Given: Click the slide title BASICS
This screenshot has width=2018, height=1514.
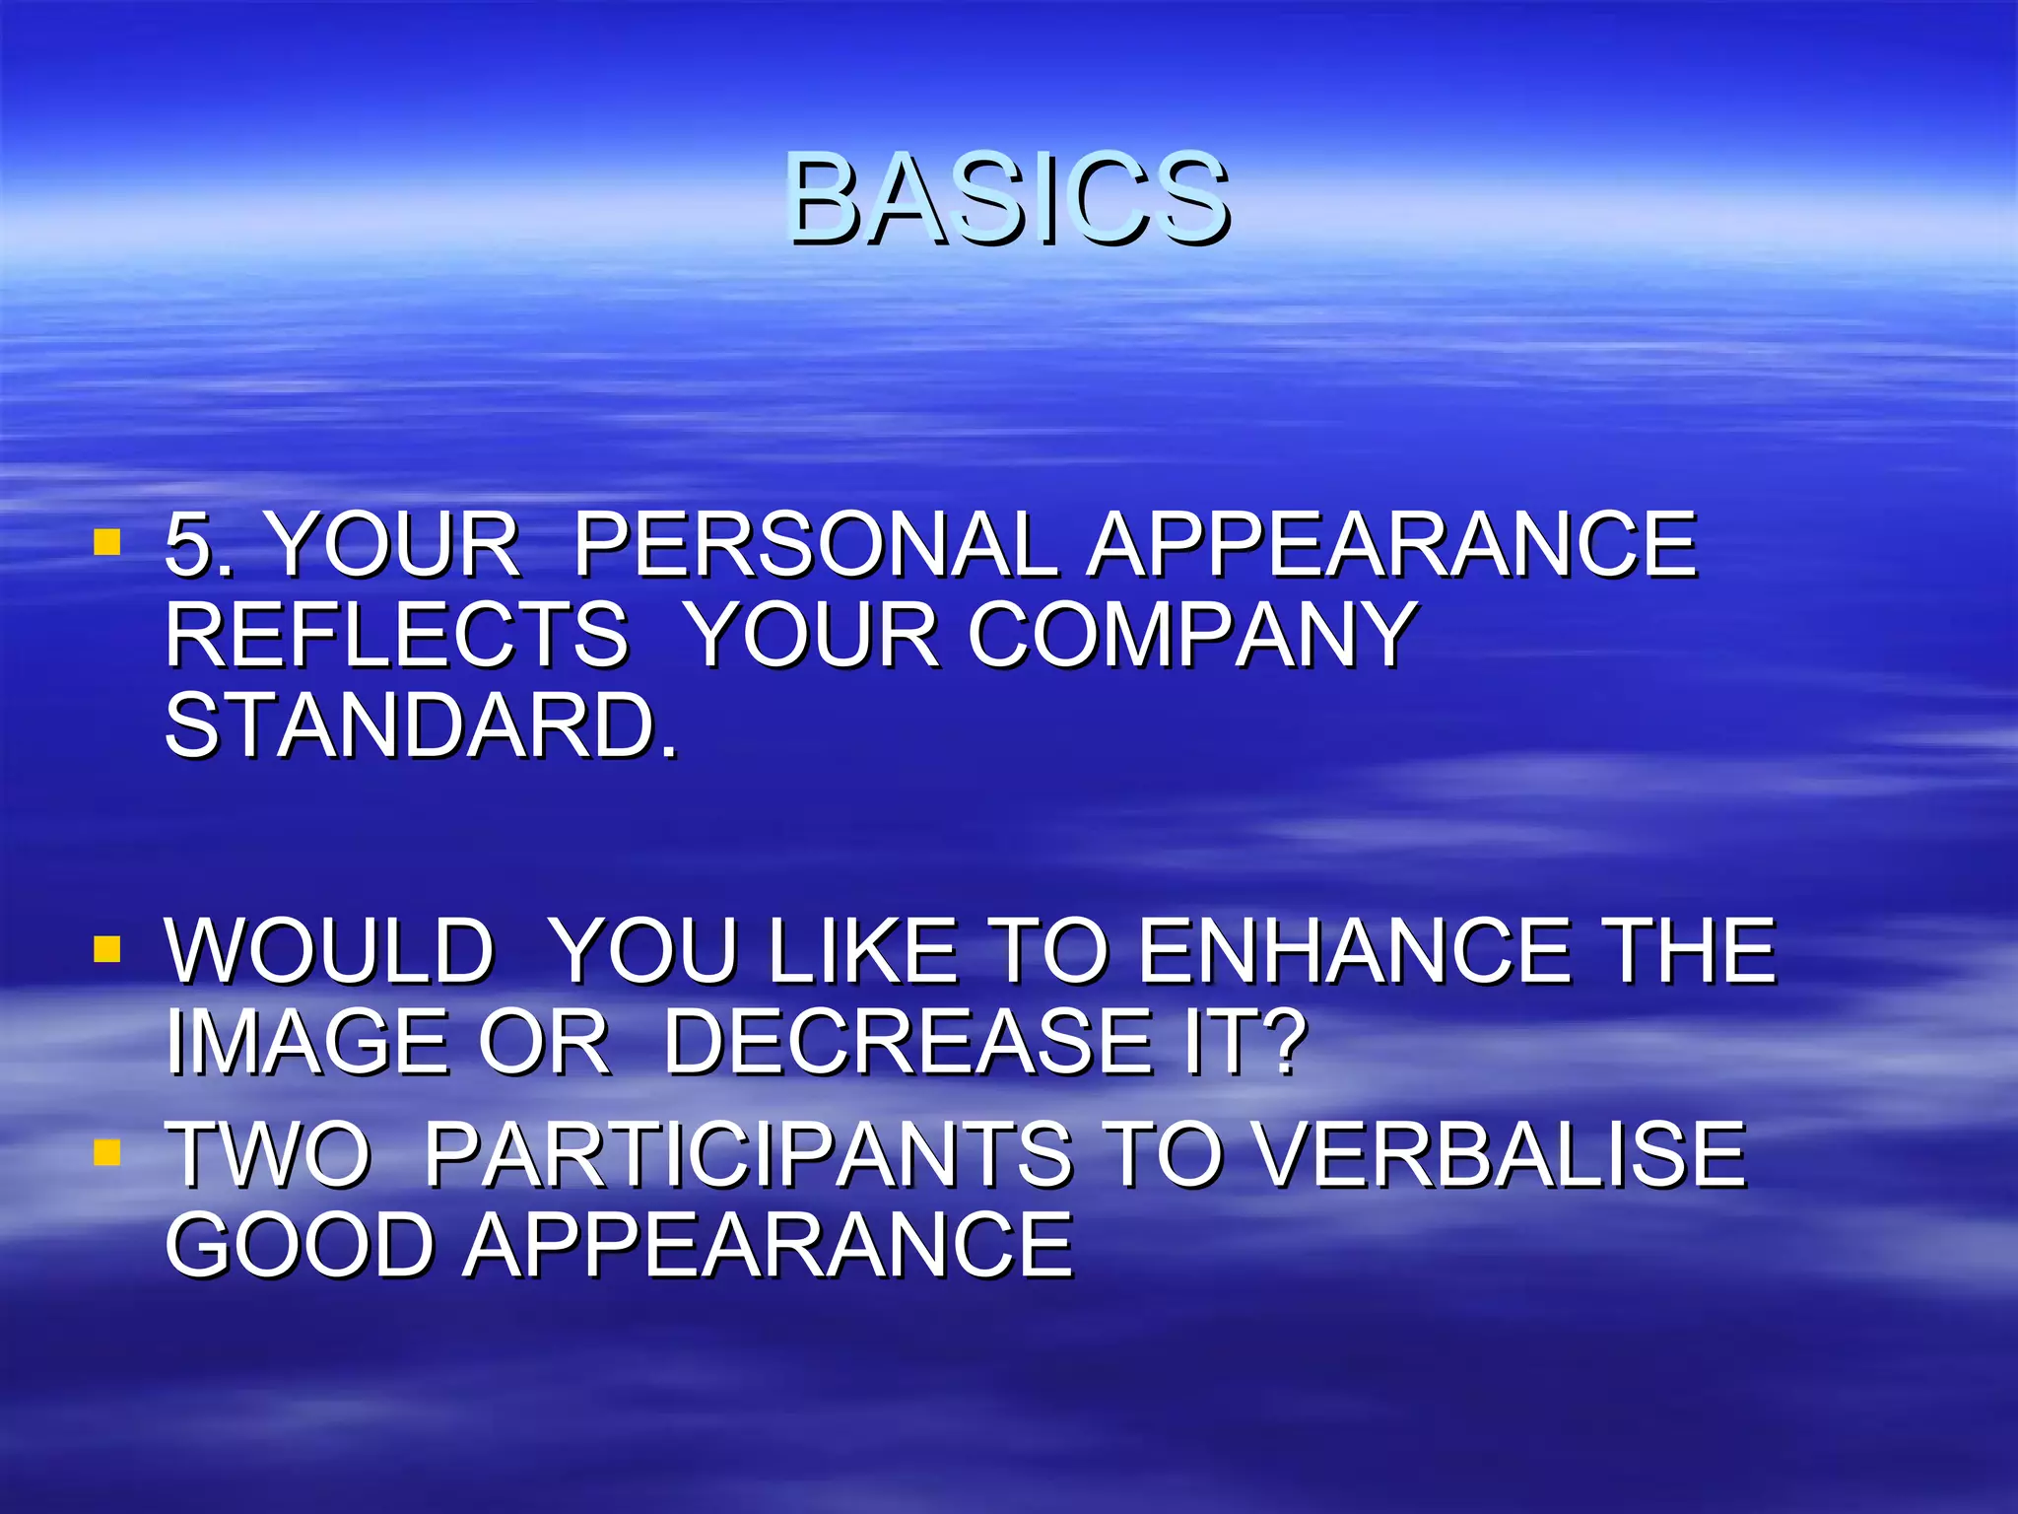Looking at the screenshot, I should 1007,199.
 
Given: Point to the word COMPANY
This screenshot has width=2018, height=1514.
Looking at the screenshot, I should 1192,635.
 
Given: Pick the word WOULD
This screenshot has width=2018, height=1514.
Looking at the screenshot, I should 329,950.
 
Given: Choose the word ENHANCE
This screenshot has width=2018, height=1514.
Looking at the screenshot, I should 1356,950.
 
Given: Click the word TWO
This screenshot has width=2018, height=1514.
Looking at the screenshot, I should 268,1154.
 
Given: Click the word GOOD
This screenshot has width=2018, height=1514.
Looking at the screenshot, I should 300,1245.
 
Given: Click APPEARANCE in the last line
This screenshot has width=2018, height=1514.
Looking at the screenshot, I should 769,1245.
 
